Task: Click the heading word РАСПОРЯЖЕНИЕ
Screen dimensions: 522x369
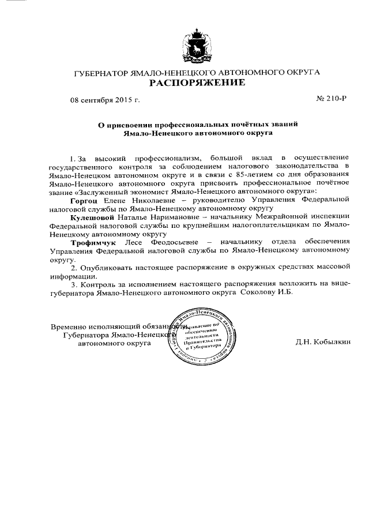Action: click(197, 83)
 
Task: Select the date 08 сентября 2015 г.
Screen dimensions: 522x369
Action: click(105, 100)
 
